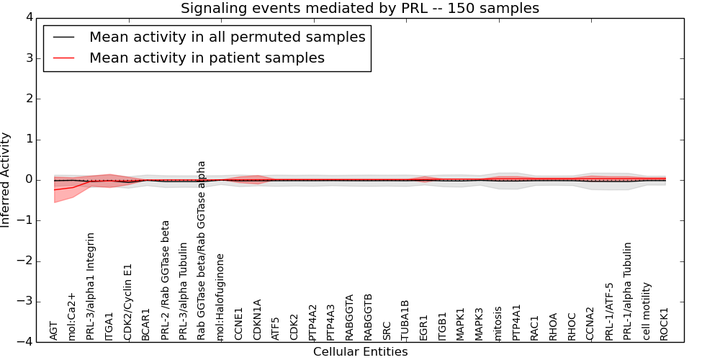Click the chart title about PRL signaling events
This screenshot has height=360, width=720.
point(359,8)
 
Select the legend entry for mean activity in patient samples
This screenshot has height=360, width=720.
point(207,58)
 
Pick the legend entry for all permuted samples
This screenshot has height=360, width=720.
point(227,37)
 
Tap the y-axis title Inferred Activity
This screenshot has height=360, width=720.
point(6,179)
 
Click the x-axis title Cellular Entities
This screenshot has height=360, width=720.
point(360,352)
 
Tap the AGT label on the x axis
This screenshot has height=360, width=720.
point(54,330)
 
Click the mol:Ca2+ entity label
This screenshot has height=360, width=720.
point(72,316)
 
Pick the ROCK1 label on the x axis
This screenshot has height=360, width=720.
point(665,324)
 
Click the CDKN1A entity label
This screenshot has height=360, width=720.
point(257,320)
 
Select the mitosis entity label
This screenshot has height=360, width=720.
point(498,323)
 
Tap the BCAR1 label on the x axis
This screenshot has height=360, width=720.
point(146,325)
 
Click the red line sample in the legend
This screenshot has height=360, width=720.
point(63,58)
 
